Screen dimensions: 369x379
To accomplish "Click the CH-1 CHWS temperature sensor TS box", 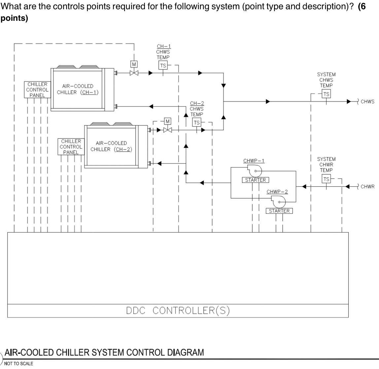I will pyautogui.click(x=163, y=65).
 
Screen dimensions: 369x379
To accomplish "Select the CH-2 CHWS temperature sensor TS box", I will pyautogui.click(x=197, y=123).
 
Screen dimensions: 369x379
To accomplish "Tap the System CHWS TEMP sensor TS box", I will pyautogui.click(x=326, y=94).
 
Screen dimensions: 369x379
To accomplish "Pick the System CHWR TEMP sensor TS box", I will pyautogui.click(x=326, y=179).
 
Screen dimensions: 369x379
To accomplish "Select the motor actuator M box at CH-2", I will pyautogui.click(x=168, y=121).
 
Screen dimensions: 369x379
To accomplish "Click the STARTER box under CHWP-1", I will pyautogui.click(x=255, y=180).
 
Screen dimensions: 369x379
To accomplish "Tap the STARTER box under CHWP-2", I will pyautogui.click(x=279, y=211).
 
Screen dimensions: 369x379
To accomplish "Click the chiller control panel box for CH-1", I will pyautogui.click(x=37, y=90).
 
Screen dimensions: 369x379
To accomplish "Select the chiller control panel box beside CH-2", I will pyautogui.click(x=71, y=147).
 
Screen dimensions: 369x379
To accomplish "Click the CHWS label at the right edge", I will pyautogui.click(x=367, y=101).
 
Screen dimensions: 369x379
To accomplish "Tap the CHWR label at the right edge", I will pyautogui.click(x=367, y=187).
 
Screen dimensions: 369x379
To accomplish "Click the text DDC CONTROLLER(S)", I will pyautogui.click(x=178, y=311).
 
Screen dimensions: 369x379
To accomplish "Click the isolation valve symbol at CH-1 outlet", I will pyautogui.click(x=134, y=73).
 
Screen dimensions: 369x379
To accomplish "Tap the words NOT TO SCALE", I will pyautogui.click(x=19, y=363).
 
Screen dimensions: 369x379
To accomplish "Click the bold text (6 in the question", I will pyautogui.click(x=362, y=8).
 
